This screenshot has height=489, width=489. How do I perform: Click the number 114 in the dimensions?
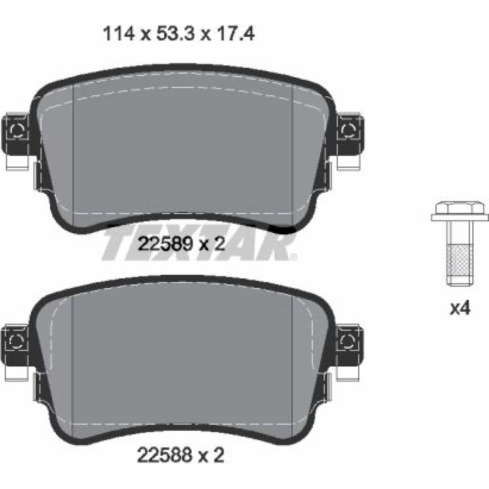pyautogui.click(x=118, y=34)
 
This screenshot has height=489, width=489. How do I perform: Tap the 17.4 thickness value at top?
pyautogui.click(x=236, y=34)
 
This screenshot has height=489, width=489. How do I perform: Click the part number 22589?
pyautogui.click(x=165, y=244)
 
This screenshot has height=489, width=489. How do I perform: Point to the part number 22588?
pyautogui.click(x=164, y=456)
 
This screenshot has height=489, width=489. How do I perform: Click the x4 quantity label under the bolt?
pyautogui.click(x=460, y=309)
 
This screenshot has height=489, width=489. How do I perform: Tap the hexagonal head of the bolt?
pyautogui.click(x=460, y=207)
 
